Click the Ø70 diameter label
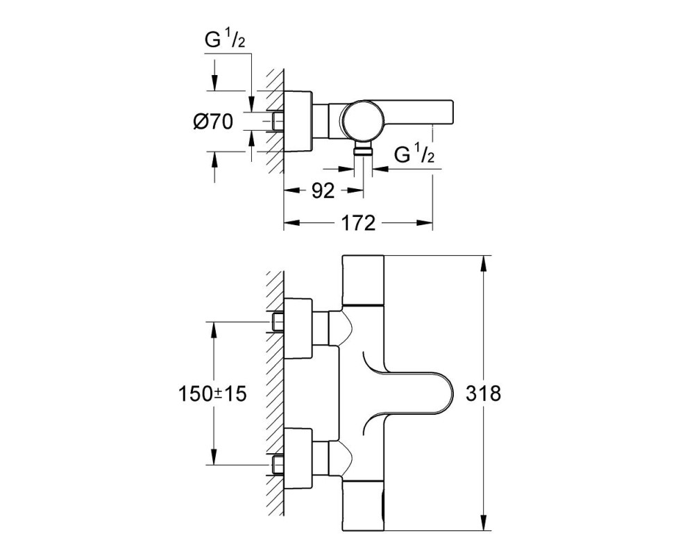pos(212,121)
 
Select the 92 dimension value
pos(323,190)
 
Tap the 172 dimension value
pos(359,223)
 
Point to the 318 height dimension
pos(483,393)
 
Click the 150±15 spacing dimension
pos(212,393)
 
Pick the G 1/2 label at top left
pos(224,40)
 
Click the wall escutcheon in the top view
pos(298,121)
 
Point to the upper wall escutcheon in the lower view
pos(298,329)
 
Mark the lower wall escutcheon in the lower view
pos(298,459)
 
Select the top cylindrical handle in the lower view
pos(363,280)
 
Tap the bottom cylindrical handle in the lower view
pos(363,506)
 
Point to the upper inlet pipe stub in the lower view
pos(278,322)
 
